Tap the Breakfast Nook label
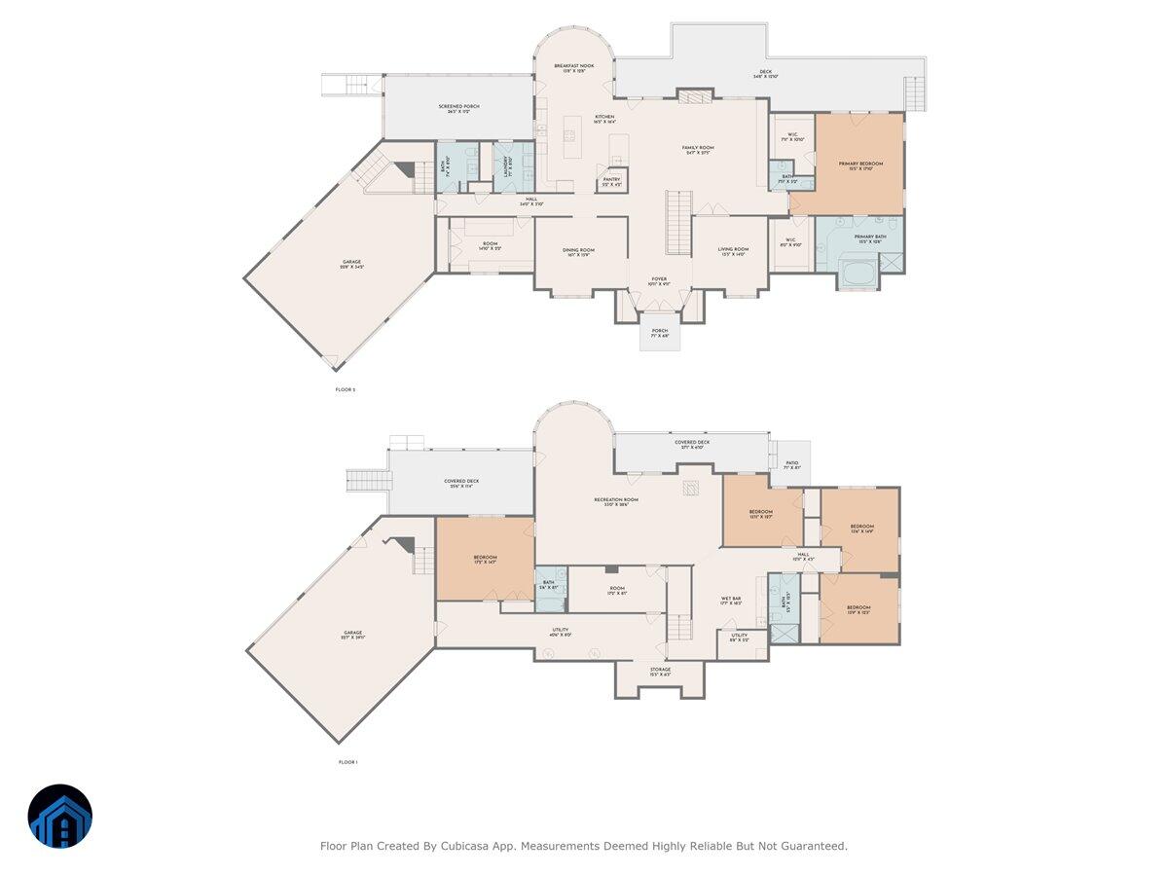click(574, 66)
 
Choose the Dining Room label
click(580, 250)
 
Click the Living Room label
click(733, 250)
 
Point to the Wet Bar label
click(731, 600)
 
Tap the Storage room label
click(660, 671)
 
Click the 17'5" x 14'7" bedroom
click(484, 558)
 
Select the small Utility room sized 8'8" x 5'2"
click(740, 638)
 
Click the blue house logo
click(59, 816)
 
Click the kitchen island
click(573, 136)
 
